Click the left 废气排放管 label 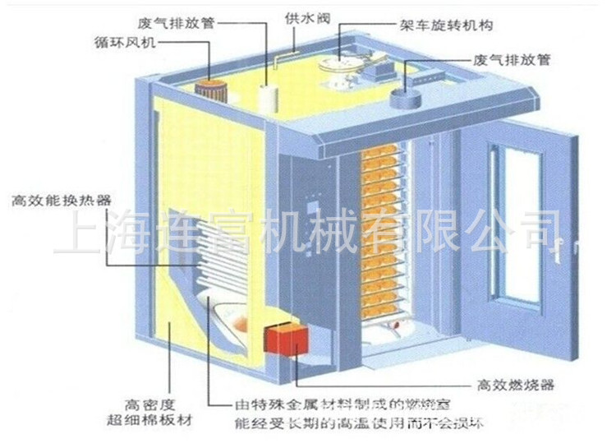(x=180, y=23)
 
